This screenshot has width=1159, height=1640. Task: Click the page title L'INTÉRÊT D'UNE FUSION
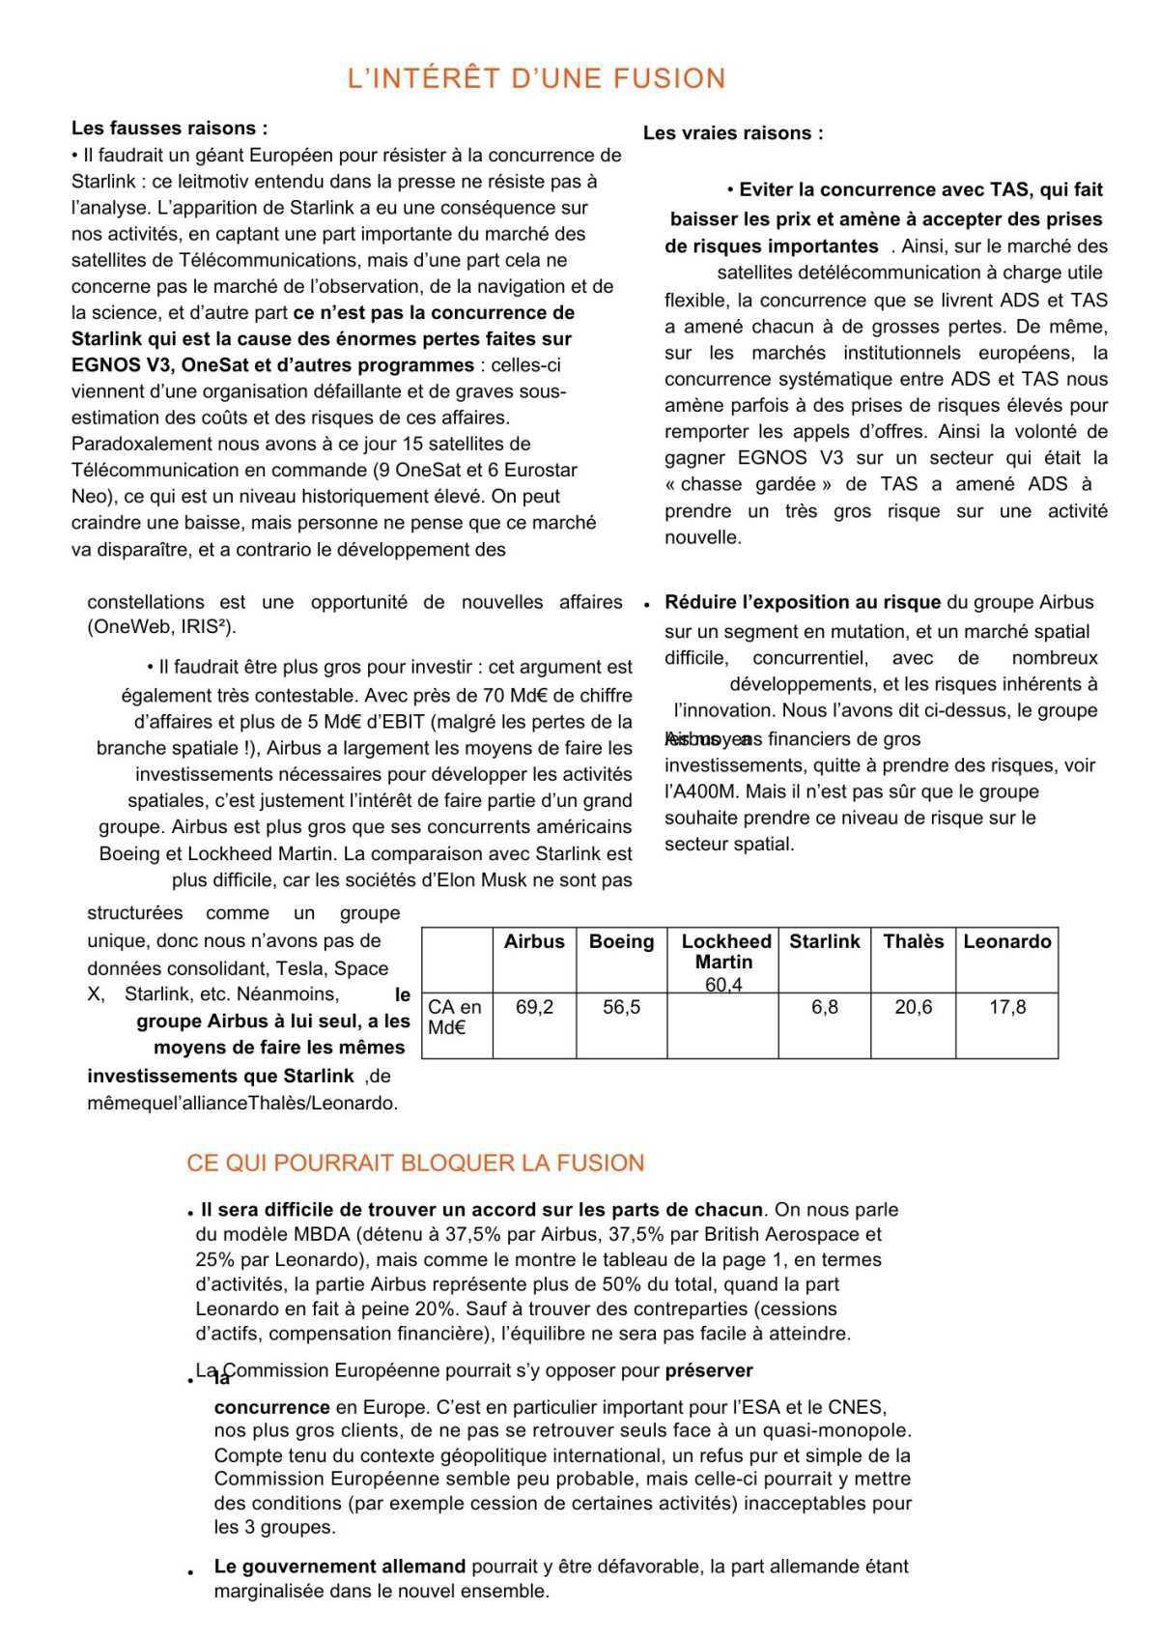point(536,78)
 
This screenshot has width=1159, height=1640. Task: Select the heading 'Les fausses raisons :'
point(169,129)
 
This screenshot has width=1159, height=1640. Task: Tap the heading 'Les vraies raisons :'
point(733,133)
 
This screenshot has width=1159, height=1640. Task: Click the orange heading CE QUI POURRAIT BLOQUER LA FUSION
point(415,1163)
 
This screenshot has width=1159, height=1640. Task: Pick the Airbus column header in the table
point(534,941)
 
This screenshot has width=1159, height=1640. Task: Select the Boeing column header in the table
point(621,941)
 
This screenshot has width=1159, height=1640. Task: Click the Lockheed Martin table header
point(725,951)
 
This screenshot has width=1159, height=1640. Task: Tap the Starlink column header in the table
point(824,941)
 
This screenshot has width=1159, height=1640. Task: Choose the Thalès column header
point(913,941)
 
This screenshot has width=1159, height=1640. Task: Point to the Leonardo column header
point(1007,941)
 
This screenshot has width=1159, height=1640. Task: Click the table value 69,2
point(534,1007)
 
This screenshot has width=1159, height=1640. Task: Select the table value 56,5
point(621,1007)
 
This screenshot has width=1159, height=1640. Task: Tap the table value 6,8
point(824,1007)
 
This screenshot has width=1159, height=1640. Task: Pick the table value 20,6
point(913,1007)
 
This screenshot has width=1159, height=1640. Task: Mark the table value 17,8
point(1007,1007)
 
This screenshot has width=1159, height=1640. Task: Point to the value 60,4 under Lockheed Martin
point(724,985)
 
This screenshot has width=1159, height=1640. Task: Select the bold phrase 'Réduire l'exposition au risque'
point(803,602)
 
